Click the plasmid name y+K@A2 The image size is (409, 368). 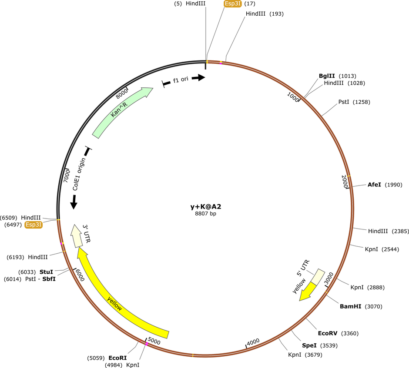205,207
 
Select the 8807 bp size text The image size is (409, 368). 205,214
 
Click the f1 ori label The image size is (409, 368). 181,80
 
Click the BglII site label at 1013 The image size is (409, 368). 327,76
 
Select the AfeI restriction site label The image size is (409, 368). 374,185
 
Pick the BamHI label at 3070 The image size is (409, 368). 350,306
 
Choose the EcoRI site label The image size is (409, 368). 117,358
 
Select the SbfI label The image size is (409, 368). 48,279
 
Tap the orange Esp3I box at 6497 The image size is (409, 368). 34,225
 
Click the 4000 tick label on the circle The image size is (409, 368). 253,341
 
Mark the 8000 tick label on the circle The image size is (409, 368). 122,92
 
